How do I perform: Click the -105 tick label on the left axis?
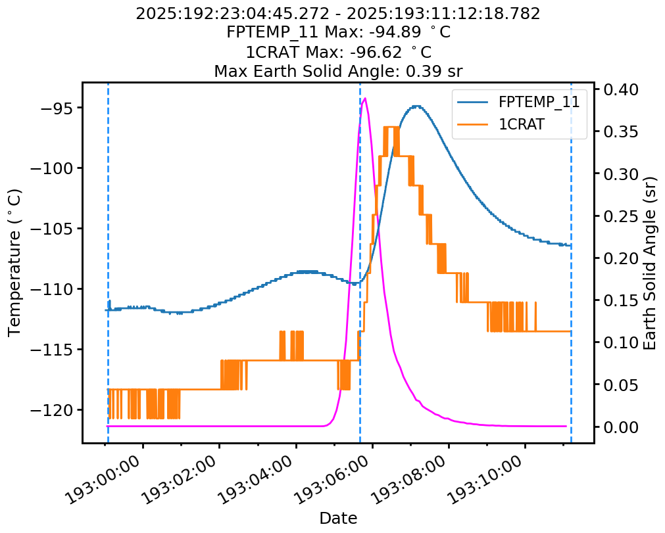pyautogui.click(x=54, y=229)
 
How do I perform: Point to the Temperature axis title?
pyautogui.click(x=14, y=262)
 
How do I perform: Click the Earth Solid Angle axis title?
pyautogui.click(x=650, y=262)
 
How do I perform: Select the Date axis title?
pyautogui.click(x=338, y=518)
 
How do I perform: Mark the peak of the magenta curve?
pyautogui.click(x=365, y=99)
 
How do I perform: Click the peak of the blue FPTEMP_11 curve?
pyautogui.click(x=416, y=106)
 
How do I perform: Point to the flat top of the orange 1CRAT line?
pyautogui.click(x=391, y=127)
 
